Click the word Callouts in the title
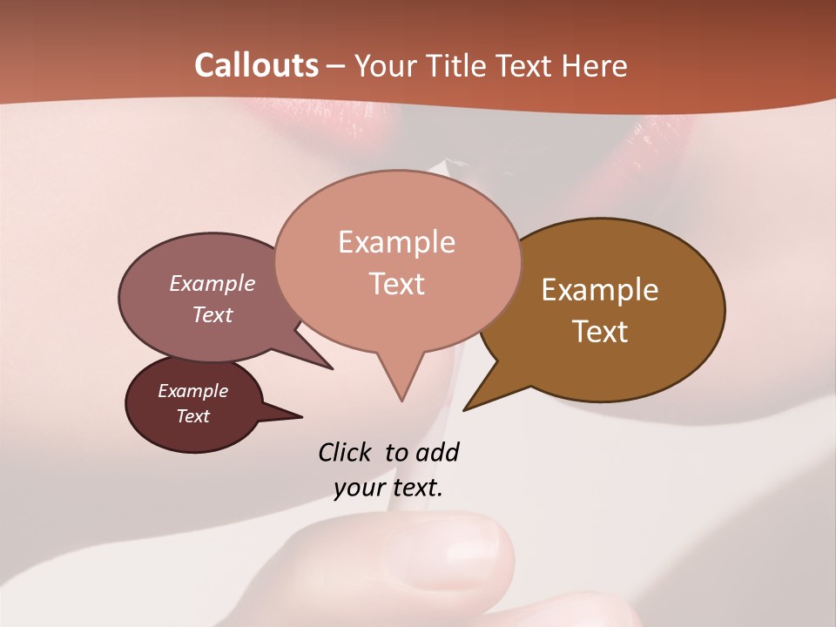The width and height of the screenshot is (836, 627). (256, 65)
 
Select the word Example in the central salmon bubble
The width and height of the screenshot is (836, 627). (396, 242)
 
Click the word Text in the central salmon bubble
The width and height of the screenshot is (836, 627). (396, 284)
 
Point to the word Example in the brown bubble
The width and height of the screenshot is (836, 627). (600, 290)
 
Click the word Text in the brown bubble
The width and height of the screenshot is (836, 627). (600, 332)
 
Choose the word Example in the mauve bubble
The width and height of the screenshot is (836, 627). (212, 284)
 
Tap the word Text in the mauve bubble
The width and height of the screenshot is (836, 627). (212, 314)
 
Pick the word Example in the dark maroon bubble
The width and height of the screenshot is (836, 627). (193, 391)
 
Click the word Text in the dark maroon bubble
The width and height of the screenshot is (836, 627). (193, 416)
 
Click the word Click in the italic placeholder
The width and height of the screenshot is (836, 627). (347, 452)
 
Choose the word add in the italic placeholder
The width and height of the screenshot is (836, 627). (438, 452)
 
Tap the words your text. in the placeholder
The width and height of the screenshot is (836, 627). (388, 488)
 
